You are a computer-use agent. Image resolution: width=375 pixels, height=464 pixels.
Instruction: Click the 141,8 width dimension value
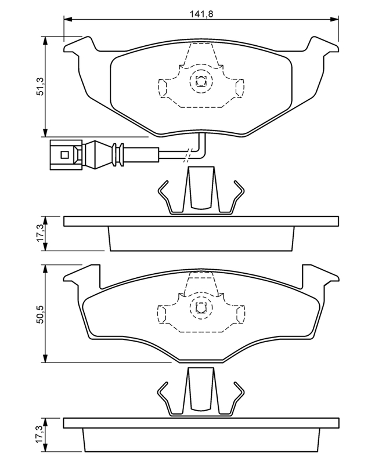coord(201,14)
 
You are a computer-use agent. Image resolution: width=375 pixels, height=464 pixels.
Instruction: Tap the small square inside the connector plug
coord(64,155)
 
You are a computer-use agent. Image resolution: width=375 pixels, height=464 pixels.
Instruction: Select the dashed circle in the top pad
coord(201,81)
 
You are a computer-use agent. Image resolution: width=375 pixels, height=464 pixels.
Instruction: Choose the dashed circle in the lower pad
coord(201,308)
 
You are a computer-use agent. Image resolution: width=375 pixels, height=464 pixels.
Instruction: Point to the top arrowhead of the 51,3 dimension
coord(45,41)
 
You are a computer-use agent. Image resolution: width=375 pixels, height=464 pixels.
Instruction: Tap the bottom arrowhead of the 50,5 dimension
coord(45,358)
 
